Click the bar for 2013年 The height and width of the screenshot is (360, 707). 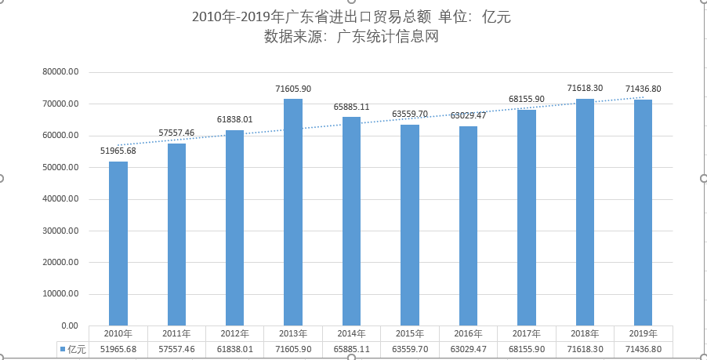293,212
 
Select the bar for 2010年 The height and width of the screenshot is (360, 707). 118,243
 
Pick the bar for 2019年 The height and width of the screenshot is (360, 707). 643,213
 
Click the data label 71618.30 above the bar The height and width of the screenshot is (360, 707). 585,89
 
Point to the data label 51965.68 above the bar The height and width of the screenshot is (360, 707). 118,151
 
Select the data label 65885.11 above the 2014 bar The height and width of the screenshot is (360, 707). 351,107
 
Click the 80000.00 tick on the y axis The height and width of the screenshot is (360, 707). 63,72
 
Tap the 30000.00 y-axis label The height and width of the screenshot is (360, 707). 63,231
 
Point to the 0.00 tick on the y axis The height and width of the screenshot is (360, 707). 70,325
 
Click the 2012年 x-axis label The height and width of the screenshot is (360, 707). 235,333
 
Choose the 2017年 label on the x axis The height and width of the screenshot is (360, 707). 526,333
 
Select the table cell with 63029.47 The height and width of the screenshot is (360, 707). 468,348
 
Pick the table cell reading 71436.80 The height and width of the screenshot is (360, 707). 643,348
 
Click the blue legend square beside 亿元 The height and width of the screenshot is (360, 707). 61,348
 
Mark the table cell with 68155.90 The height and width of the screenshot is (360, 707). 526,348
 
